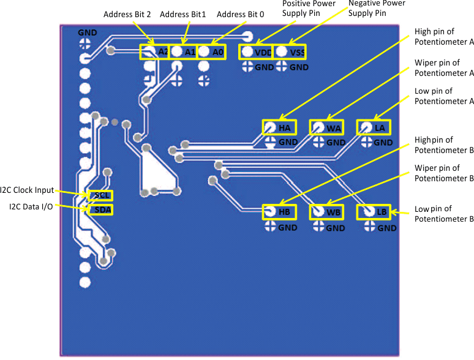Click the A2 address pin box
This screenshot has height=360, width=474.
click(x=155, y=52)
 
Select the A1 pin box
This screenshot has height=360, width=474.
click(x=183, y=52)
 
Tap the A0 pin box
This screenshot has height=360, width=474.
click(x=211, y=52)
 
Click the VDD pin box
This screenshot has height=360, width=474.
click(x=255, y=52)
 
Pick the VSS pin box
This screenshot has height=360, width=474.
click(x=290, y=52)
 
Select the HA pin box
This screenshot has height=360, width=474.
click(x=279, y=127)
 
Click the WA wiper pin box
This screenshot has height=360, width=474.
click(x=326, y=127)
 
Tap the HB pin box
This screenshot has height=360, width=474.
click(x=279, y=212)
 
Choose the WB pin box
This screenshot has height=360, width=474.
click(x=326, y=212)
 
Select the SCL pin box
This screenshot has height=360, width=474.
click(x=101, y=196)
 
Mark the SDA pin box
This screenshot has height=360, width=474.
click(x=101, y=209)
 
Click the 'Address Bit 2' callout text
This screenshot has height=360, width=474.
click(x=127, y=14)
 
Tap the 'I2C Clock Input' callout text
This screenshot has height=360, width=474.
click(x=27, y=190)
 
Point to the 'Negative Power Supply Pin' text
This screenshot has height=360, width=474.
click(x=376, y=8)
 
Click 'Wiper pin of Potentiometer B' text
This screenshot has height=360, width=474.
click(x=444, y=173)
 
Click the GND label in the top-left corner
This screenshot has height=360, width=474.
click(x=87, y=32)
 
